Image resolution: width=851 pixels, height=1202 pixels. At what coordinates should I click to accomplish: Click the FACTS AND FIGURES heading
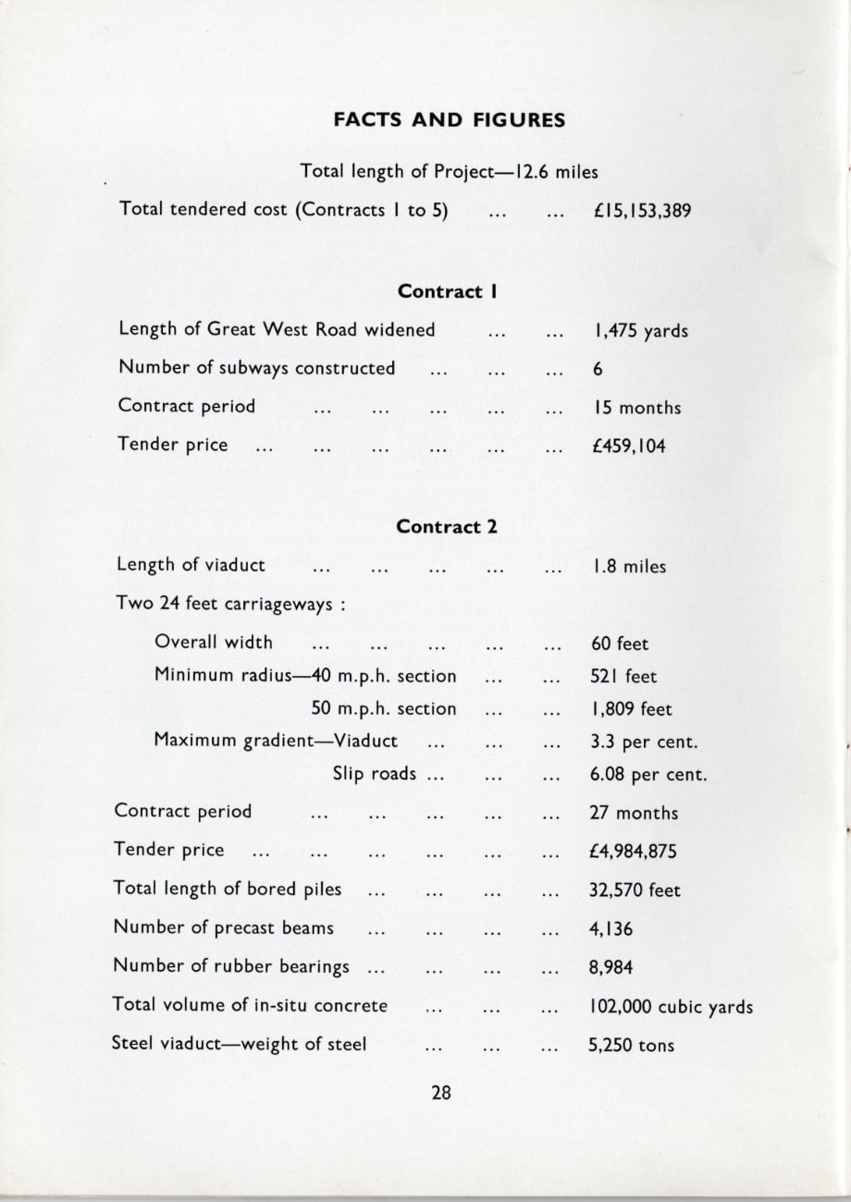(x=449, y=120)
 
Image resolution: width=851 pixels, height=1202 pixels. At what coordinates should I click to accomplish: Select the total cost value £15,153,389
(x=642, y=211)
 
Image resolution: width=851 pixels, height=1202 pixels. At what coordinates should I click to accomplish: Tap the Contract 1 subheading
(x=449, y=291)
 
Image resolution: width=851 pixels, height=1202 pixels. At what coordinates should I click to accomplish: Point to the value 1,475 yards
(x=639, y=331)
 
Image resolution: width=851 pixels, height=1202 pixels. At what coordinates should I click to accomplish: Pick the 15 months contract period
(x=635, y=408)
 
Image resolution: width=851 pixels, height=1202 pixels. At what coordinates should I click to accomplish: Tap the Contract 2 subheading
(x=447, y=527)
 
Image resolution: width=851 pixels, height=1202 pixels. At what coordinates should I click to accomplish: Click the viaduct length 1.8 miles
(x=628, y=567)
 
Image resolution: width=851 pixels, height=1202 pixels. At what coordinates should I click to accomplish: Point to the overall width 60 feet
(x=620, y=644)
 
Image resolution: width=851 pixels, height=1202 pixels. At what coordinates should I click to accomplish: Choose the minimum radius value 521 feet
(x=623, y=677)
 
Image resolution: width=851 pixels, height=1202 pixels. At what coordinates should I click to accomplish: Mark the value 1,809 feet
(x=631, y=710)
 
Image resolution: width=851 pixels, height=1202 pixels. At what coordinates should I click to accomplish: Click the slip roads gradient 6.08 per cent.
(x=648, y=775)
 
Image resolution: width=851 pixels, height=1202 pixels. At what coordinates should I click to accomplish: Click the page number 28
(x=441, y=1092)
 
